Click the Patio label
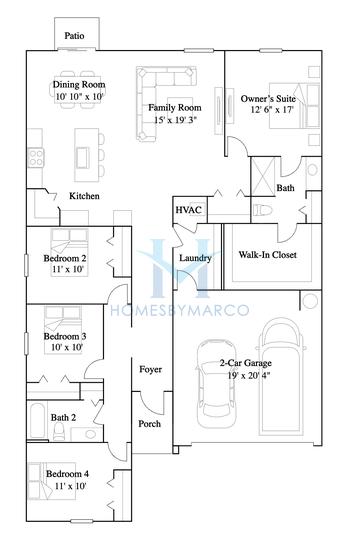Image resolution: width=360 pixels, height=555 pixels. pyautogui.click(x=74, y=35)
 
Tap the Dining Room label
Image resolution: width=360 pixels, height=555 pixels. pyautogui.click(x=79, y=86)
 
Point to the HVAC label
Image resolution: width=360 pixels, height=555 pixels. pyautogui.click(x=188, y=211)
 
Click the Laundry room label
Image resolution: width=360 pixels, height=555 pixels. pyautogui.click(x=193, y=259)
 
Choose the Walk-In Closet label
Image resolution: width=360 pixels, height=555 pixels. pyautogui.click(x=267, y=255)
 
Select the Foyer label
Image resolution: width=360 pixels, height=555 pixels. pyautogui.click(x=151, y=369)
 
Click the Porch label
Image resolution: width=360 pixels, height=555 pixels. pyautogui.click(x=150, y=423)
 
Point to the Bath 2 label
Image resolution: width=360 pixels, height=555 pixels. pyautogui.click(x=64, y=418)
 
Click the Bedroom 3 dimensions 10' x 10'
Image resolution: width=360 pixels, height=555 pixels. pyautogui.click(x=63, y=349)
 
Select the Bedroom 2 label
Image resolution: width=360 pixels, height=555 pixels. pyautogui.click(x=66, y=258)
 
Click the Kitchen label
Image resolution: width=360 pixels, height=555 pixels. pyautogui.click(x=83, y=196)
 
